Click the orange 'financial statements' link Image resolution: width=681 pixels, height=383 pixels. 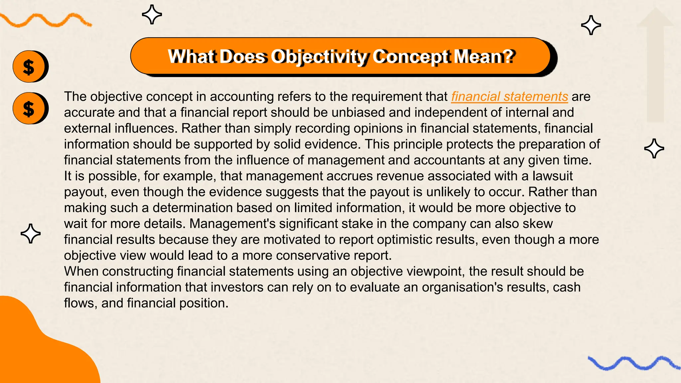pos(509,96)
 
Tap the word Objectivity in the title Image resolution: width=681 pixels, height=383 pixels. pos(319,57)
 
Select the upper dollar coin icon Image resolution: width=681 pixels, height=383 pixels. pos(29,66)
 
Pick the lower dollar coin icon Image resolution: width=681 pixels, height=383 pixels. pos(29,108)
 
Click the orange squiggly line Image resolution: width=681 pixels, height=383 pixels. pos(45,20)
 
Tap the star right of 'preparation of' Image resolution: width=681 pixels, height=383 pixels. pos(654,148)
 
